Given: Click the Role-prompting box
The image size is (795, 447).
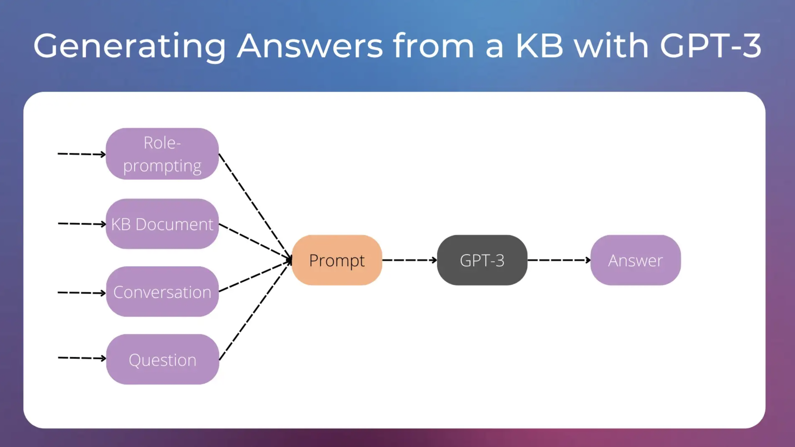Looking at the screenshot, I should tap(162, 154).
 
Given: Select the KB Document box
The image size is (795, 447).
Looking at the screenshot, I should tap(162, 224).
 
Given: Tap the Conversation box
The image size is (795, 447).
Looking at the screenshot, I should tap(162, 292).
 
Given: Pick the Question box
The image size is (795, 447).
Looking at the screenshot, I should tap(162, 359).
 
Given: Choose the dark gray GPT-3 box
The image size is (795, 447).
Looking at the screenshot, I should tap(482, 260).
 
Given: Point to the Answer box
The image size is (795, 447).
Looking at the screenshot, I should tap(635, 260).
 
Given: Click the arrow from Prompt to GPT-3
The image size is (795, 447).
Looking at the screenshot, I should tap(409, 260).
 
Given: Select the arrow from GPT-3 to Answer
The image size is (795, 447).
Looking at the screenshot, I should tap(559, 260).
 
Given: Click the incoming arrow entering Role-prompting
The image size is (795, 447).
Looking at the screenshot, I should tap(81, 154).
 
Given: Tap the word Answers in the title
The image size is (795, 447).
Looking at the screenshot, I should tap(310, 46).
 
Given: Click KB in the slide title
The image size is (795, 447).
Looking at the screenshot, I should tap(539, 46).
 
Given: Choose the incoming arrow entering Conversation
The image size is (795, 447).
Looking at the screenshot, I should tap(81, 293).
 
